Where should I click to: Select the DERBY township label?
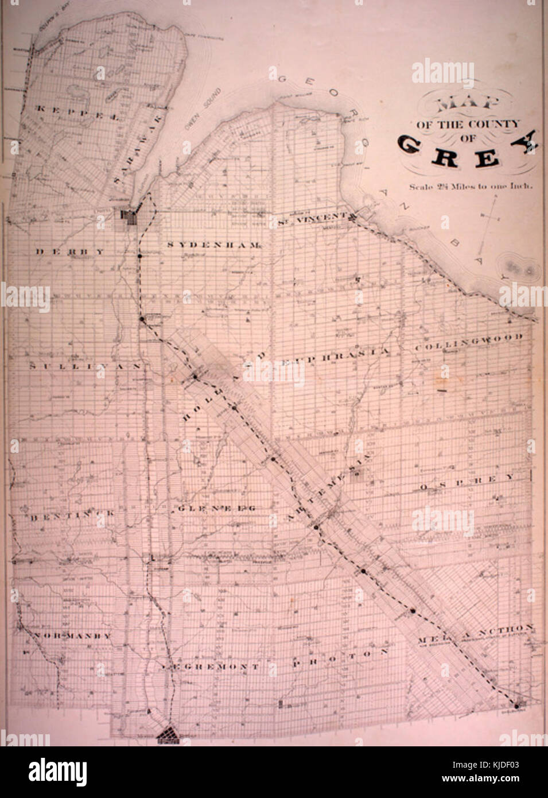pos(70,251)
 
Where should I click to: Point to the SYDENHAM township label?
pos(215,245)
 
